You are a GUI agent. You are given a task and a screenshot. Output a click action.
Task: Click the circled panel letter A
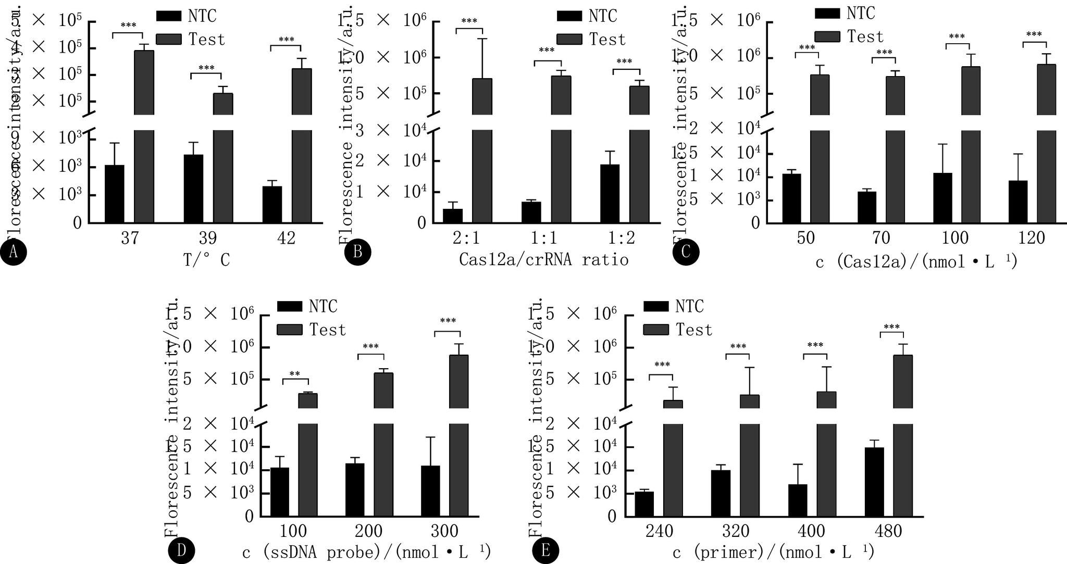coord(13,253)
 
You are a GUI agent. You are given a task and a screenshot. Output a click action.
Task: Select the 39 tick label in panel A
coord(207,239)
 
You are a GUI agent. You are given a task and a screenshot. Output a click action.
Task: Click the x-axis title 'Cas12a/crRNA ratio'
coord(543,259)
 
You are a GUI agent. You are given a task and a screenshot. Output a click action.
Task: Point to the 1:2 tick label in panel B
coord(622,239)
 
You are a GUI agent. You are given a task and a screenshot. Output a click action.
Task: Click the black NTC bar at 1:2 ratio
coord(610,193)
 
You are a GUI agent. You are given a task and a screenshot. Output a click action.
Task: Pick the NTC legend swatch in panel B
coord(569,16)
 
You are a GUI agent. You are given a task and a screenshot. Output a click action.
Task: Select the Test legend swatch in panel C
coord(827,36)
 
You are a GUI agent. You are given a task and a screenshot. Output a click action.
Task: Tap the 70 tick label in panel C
coord(880,239)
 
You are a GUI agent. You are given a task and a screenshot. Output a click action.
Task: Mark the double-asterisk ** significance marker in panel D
coord(295,374)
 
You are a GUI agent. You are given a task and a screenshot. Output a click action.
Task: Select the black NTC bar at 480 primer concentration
coord(874,482)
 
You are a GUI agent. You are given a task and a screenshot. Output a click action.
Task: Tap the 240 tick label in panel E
coord(660,532)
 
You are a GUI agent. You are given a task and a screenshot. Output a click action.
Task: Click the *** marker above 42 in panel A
coord(286,40)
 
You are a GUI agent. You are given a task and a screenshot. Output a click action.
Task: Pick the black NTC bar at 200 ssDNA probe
coord(355,490)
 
